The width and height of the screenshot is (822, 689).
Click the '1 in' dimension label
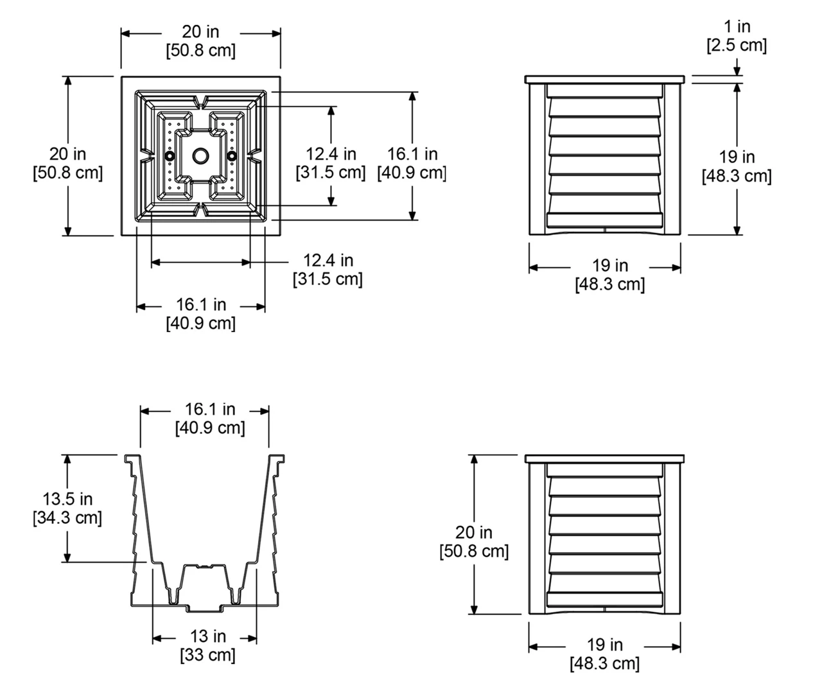(x=737, y=26)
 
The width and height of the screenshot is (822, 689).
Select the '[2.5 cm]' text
(x=737, y=45)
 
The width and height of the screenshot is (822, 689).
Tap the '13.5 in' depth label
(x=67, y=498)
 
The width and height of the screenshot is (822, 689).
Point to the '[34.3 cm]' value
(x=67, y=517)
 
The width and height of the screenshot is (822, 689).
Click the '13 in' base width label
(x=207, y=636)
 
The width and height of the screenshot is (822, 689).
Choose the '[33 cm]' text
(x=207, y=655)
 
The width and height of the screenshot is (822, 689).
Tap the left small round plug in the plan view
(x=170, y=156)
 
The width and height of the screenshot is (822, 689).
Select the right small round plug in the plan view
(x=232, y=156)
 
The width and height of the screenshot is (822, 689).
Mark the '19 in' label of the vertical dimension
(x=737, y=157)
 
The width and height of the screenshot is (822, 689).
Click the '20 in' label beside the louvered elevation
(x=474, y=532)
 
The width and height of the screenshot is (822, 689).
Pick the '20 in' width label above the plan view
(x=200, y=31)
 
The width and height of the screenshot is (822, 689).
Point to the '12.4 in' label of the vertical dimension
(x=331, y=153)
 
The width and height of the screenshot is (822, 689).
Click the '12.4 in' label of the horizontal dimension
(x=328, y=260)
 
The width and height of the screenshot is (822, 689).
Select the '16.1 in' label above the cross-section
(x=210, y=409)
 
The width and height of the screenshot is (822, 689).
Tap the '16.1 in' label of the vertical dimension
(x=412, y=153)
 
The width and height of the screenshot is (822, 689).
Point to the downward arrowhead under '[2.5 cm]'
(x=737, y=71)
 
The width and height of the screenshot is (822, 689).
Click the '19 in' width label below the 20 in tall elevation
(x=605, y=644)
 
